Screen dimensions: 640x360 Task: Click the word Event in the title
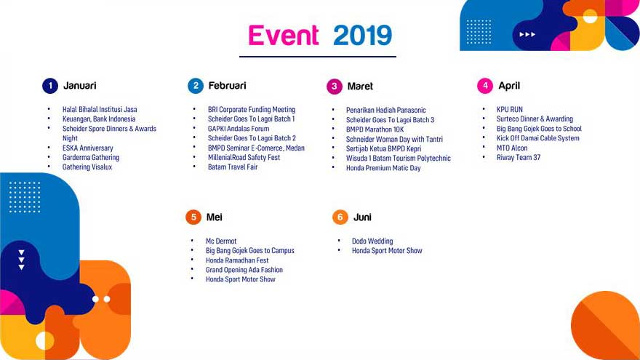pyautogui.click(x=283, y=35)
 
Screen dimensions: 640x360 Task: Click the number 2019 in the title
pyautogui.click(x=362, y=35)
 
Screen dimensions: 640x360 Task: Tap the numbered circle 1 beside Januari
pyautogui.click(x=50, y=86)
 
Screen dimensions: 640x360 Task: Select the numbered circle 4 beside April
pyautogui.click(x=485, y=86)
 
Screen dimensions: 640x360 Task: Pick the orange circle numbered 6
pyautogui.click(x=340, y=217)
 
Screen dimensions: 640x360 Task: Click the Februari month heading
pyautogui.click(x=228, y=86)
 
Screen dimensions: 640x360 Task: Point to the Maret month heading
pyautogui.click(x=360, y=86)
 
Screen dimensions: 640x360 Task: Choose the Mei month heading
pyautogui.click(x=215, y=217)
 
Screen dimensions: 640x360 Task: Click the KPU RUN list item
pyautogui.click(x=509, y=109)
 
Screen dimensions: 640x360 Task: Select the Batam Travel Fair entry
pyautogui.click(x=233, y=167)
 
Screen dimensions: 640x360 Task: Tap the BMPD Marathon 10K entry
pyautogui.click(x=375, y=129)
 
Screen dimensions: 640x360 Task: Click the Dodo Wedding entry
pyautogui.click(x=372, y=241)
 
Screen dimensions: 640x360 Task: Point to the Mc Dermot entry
pyautogui.click(x=221, y=241)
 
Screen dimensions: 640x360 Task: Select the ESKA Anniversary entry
pyautogui.click(x=88, y=148)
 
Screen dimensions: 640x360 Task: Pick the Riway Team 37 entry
pyautogui.click(x=519, y=158)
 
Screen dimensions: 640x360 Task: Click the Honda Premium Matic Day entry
pyautogui.click(x=383, y=168)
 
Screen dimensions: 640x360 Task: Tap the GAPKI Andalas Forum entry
pyautogui.click(x=239, y=129)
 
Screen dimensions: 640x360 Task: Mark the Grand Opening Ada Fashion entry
pyautogui.click(x=244, y=270)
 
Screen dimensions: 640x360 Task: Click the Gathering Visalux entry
pyautogui.click(x=87, y=167)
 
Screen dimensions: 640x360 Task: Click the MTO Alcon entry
pyautogui.click(x=512, y=148)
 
